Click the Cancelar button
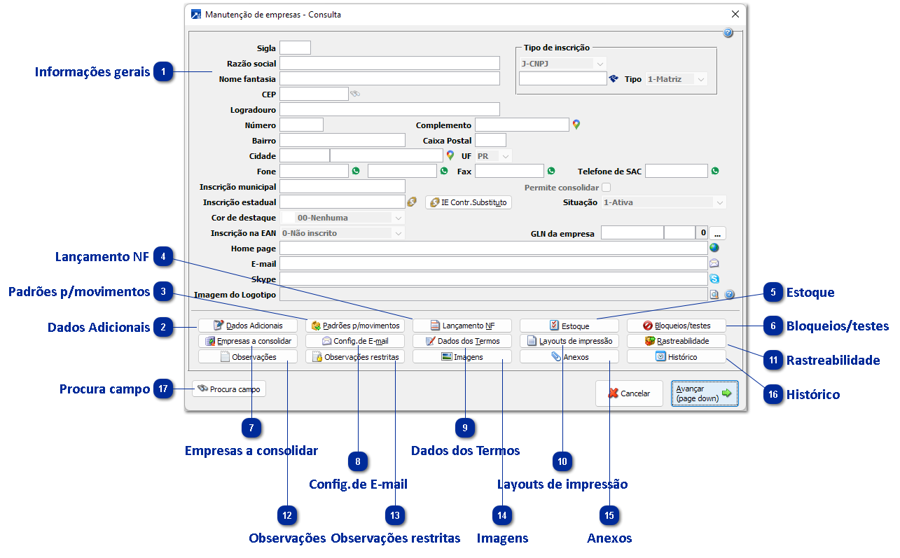click(628, 393)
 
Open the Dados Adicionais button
click(248, 326)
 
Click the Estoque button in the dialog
click(569, 326)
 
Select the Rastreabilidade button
click(676, 341)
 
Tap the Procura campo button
click(229, 389)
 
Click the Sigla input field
click(295, 48)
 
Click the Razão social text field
click(389, 64)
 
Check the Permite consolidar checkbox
click(607, 188)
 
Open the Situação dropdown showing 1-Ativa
click(663, 202)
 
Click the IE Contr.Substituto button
click(469, 202)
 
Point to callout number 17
click(163, 389)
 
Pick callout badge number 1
click(163, 71)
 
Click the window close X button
click(735, 14)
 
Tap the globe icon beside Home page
click(714, 248)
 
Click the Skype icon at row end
click(714, 279)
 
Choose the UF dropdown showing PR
click(493, 156)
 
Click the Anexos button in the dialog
click(569, 357)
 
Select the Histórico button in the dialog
click(676, 357)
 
